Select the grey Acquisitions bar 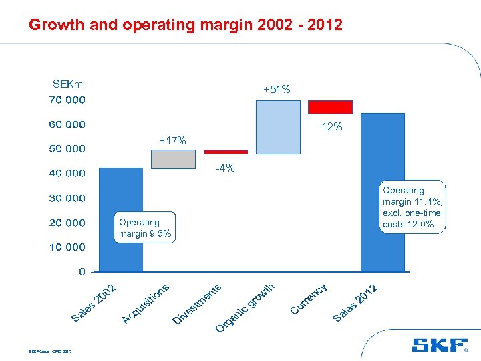tap(173, 159)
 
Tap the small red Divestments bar tap(225, 152)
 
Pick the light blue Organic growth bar tap(278, 127)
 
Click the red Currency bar tap(330, 107)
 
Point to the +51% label tap(277, 89)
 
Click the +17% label tap(172, 140)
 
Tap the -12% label tap(329, 126)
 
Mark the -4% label tap(225, 168)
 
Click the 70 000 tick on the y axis tap(67, 100)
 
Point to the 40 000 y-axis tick tap(67, 173)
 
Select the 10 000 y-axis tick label tap(67, 247)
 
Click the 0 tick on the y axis tap(82, 271)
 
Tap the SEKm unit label tap(67, 84)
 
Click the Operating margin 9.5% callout tap(144, 228)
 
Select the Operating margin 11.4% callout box tap(413, 207)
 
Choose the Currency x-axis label tap(309, 298)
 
